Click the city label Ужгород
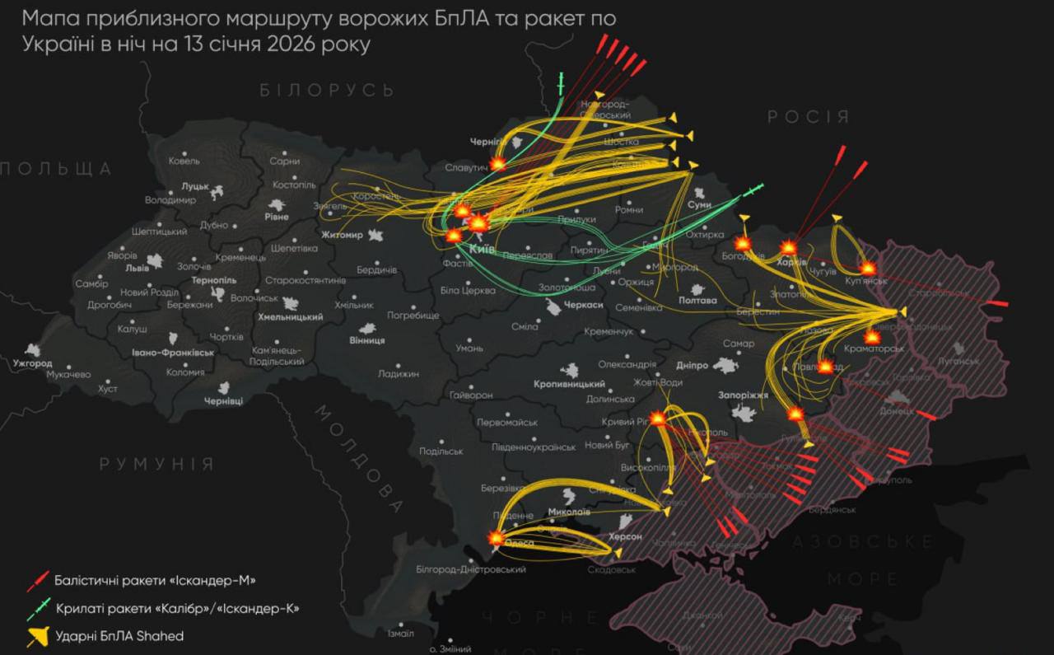(33, 363)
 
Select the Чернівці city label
(224, 400)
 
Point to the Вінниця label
(367, 340)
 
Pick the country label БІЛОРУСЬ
(328, 90)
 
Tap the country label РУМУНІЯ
(156, 464)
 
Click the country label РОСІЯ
(808, 117)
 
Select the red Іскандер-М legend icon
(38, 581)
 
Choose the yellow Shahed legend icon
(38, 636)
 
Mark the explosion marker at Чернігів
(498, 163)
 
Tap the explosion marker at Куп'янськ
(868, 268)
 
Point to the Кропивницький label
(569, 385)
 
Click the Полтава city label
(697, 301)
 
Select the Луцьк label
(196, 187)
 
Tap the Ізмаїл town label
(400, 634)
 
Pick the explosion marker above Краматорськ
(872, 336)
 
